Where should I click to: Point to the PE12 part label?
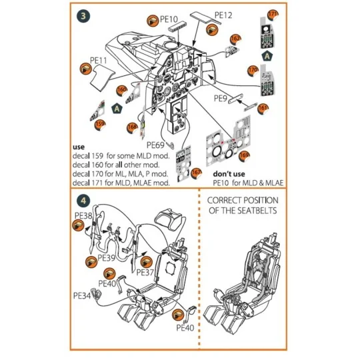[x=224, y=14]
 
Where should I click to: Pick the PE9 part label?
[x=221, y=98]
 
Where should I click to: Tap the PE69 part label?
[x=156, y=145]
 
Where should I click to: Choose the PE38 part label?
[x=83, y=216]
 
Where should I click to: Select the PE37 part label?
[x=145, y=272]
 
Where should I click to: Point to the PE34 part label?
[x=83, y=294]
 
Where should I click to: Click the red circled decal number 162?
[x=235, y=40]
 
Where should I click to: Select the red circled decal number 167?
[x=197, y=173]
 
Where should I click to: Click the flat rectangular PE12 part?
[x=200, y=17]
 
